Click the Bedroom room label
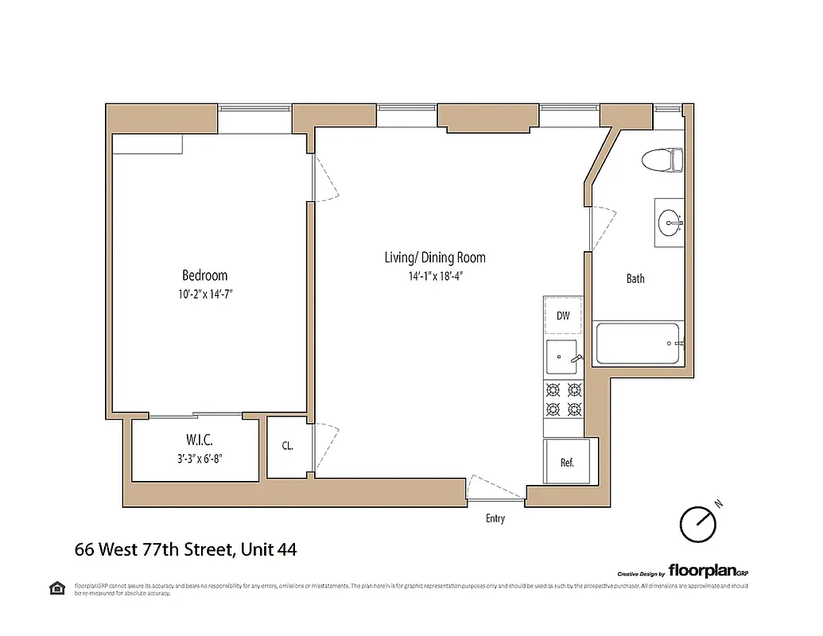204,276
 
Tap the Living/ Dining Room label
434,258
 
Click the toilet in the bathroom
663,160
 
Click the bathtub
638,343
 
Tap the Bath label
635,279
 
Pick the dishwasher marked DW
563,316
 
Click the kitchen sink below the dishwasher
563,355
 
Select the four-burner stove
563,399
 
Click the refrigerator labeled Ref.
566,462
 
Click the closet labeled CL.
287,447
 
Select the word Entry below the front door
495,519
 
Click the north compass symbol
698,523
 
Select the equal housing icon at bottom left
57,588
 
